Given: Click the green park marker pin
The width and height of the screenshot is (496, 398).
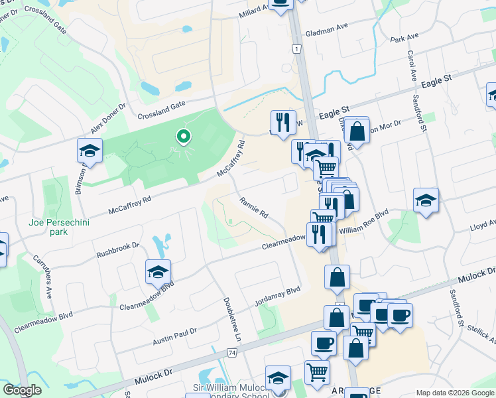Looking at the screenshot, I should click(185, 137).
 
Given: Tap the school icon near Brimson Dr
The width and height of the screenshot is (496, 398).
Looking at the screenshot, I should click(90, 151).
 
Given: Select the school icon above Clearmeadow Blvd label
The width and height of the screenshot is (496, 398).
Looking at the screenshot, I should click(158, 273).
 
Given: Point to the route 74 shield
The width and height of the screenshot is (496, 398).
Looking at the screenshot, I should click(231, 352).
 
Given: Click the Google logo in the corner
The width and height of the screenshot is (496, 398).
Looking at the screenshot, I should click(22, 390).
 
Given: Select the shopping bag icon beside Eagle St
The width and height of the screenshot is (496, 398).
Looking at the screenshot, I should click(357, 131).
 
